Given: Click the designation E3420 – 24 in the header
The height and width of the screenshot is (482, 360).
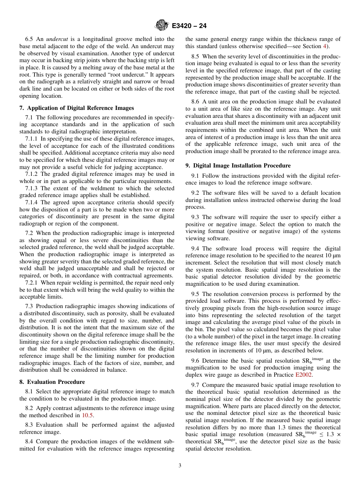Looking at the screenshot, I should [189, 26].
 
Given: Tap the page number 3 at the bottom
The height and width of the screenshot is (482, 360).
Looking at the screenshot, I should [180, 465].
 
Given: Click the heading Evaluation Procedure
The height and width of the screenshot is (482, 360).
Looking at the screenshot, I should [56, 382].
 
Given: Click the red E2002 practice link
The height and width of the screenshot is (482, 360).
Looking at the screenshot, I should [304, 375].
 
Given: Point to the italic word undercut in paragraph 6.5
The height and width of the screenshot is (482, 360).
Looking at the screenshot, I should [56, 39].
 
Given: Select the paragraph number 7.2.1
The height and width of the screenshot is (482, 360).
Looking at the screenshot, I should [32, 283].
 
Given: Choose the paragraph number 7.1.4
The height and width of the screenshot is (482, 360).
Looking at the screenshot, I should [32, 202].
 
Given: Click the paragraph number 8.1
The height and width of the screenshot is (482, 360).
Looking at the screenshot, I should [30, 391].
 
